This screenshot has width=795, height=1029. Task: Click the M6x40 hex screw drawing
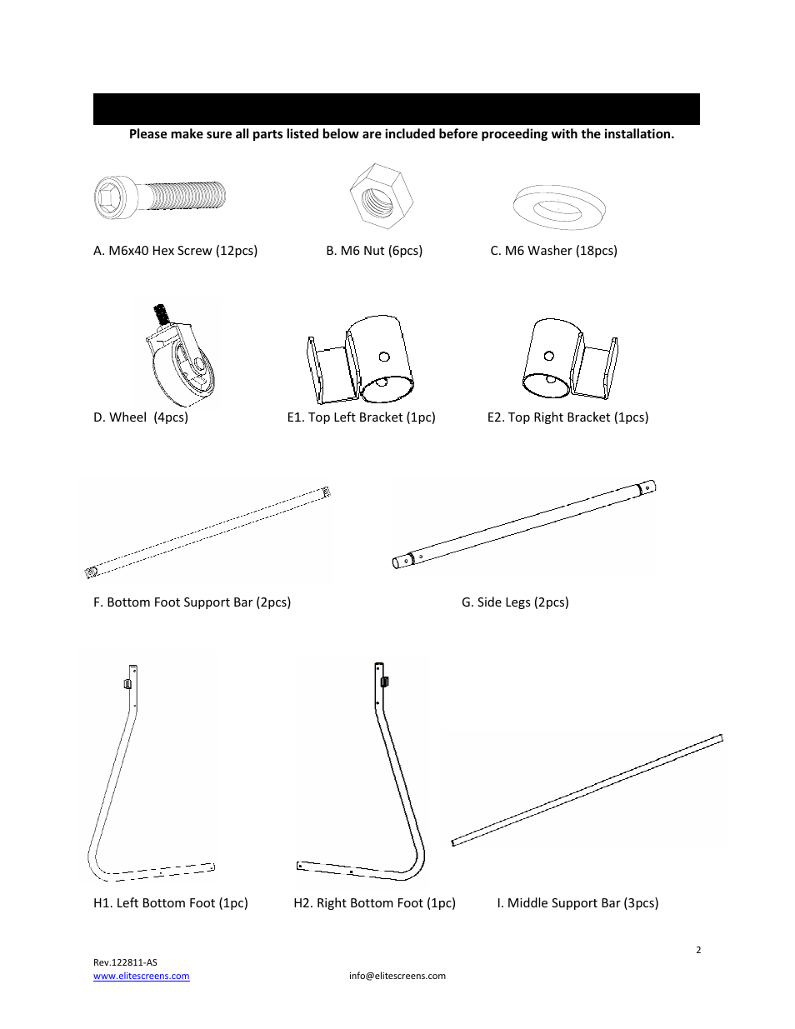click(x=160, y=197)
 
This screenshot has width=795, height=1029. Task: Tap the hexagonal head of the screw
click(x=109, y=198)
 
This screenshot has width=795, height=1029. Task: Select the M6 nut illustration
click(x=381, y=196)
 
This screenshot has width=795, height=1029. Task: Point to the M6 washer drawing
click(x=559, y=207)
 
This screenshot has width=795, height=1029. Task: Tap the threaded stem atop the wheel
click(x=161, y=315)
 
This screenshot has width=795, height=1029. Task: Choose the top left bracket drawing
click(x=360, y=360)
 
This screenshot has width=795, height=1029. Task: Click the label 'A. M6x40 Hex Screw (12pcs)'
click(x=175, y=251)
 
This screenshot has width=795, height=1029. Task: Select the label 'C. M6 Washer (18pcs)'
click(x=553, y=251)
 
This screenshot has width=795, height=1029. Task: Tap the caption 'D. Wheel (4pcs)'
click(x=141, y=417)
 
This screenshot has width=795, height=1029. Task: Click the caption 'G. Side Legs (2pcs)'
click(x=515, y=602)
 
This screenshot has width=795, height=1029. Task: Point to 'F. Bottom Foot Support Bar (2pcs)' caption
click(x=192, y=602)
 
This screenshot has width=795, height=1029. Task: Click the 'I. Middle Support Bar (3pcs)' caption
click(x=577, y=903)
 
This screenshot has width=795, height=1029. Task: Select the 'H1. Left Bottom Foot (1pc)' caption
click(x=171, y=903)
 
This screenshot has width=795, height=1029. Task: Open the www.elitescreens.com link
click(x=141, y=976)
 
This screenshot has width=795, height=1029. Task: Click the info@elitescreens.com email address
click(x=397, y=976)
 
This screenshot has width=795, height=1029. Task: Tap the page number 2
click(x=698, y=950)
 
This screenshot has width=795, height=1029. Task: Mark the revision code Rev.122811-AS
click(x=125, y=962)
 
